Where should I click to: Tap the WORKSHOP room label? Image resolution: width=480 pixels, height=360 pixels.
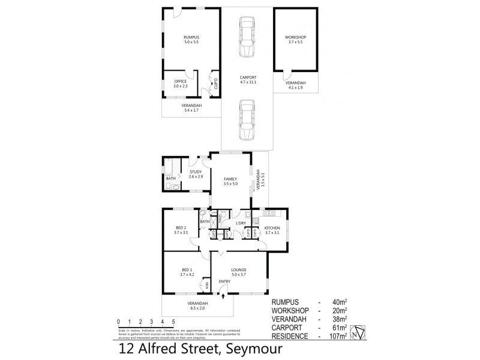[x=296, y=38]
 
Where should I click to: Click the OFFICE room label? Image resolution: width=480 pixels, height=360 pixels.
[x=181, y=81]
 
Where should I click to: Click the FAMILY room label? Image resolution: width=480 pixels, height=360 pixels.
[x=231, y=179]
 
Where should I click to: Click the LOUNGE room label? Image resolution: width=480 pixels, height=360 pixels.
[x=239, y=270]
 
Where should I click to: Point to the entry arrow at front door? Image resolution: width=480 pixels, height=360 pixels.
[x=224, y=295]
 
